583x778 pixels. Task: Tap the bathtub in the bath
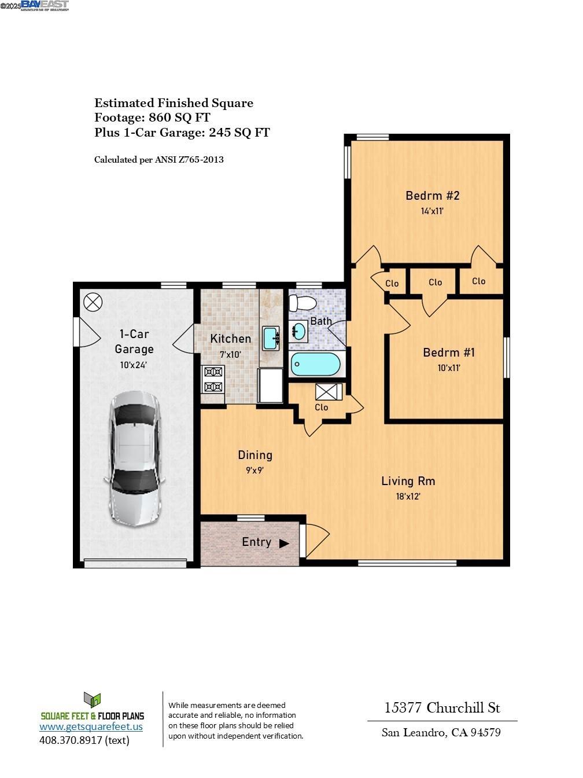pyautogui.click(x=316, y=365)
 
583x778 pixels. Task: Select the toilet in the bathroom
pyautogui.click(x=302, y=303)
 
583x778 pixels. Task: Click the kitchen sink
pyautogui.click(x=271, y=338)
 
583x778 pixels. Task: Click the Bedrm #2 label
pyautogui.click(x=432, y=196)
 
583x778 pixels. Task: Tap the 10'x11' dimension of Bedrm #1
pyautogui.click(x=448, y=368)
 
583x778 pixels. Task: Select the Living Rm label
pyautogui.click(x=408, y=481)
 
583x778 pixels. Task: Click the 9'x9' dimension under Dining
pyautogui.click(x=254, y=471)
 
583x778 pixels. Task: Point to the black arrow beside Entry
pyautogui.click(x=284, y=544)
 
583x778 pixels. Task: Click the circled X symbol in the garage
pyautogui.click(x=93, y=302)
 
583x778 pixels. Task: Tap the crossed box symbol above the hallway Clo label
pyautogui.click(x=329, y=392)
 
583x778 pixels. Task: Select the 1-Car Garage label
pyautogui.click(x=134, y=342)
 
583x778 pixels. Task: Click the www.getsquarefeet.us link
pyautogui.click(x=91, y=726)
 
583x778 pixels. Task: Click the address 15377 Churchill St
pyautogui.click(x=442, y=707)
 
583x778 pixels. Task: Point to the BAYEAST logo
pyautogui.click(x=45, y=5)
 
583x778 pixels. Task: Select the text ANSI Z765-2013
pyautogui.click(x=189, y=160)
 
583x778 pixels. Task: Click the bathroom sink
pyautogui.click(x=299, y=331)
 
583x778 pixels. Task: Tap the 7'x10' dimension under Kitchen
pyautogui.click(x=230, y=355)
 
